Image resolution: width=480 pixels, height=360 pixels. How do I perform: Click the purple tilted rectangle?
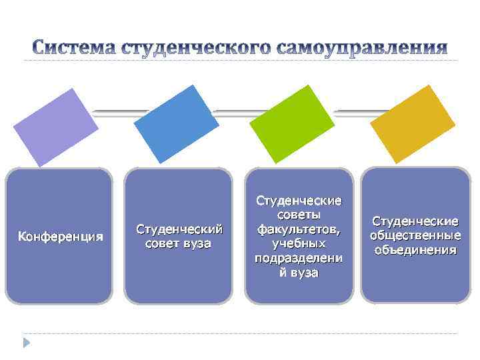click(56, 127)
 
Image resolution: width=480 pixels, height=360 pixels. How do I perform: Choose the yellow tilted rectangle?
click(413, 123)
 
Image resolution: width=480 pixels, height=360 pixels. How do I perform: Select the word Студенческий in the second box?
click(179, 229)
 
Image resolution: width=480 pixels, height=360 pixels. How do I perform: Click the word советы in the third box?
click(299, 215)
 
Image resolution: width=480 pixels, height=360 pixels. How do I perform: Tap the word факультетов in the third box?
click(299, 229)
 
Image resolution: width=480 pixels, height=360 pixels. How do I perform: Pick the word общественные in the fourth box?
click(415, 235)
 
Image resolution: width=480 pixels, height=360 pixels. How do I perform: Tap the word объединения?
click(415, 250)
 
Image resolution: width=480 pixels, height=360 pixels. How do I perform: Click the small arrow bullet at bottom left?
click(27, 343)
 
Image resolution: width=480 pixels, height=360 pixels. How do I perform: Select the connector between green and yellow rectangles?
click(353, 113)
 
